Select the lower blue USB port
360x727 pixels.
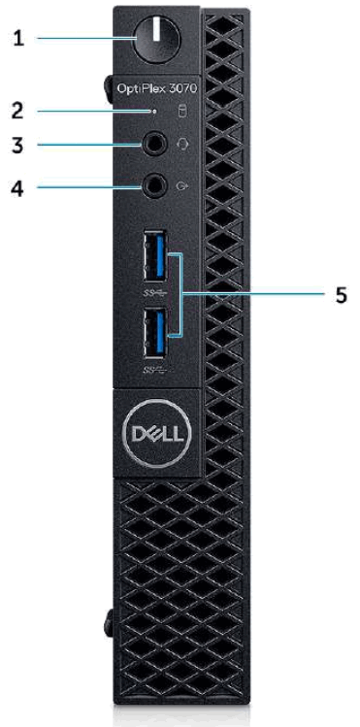pyautogui.click(x=155, y=332)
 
